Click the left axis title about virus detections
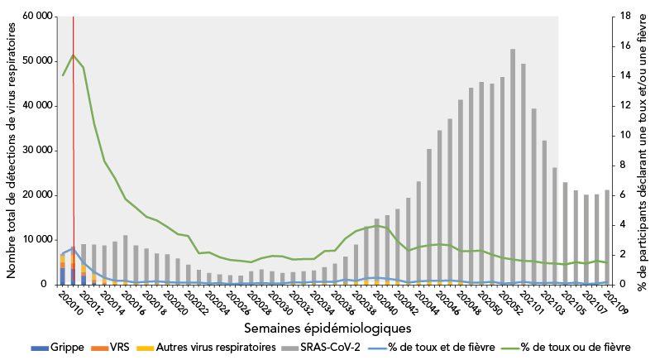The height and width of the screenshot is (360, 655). click(12, 151)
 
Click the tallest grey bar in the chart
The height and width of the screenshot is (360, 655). click(513, 166)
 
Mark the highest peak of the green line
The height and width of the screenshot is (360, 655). click(73, 55)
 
